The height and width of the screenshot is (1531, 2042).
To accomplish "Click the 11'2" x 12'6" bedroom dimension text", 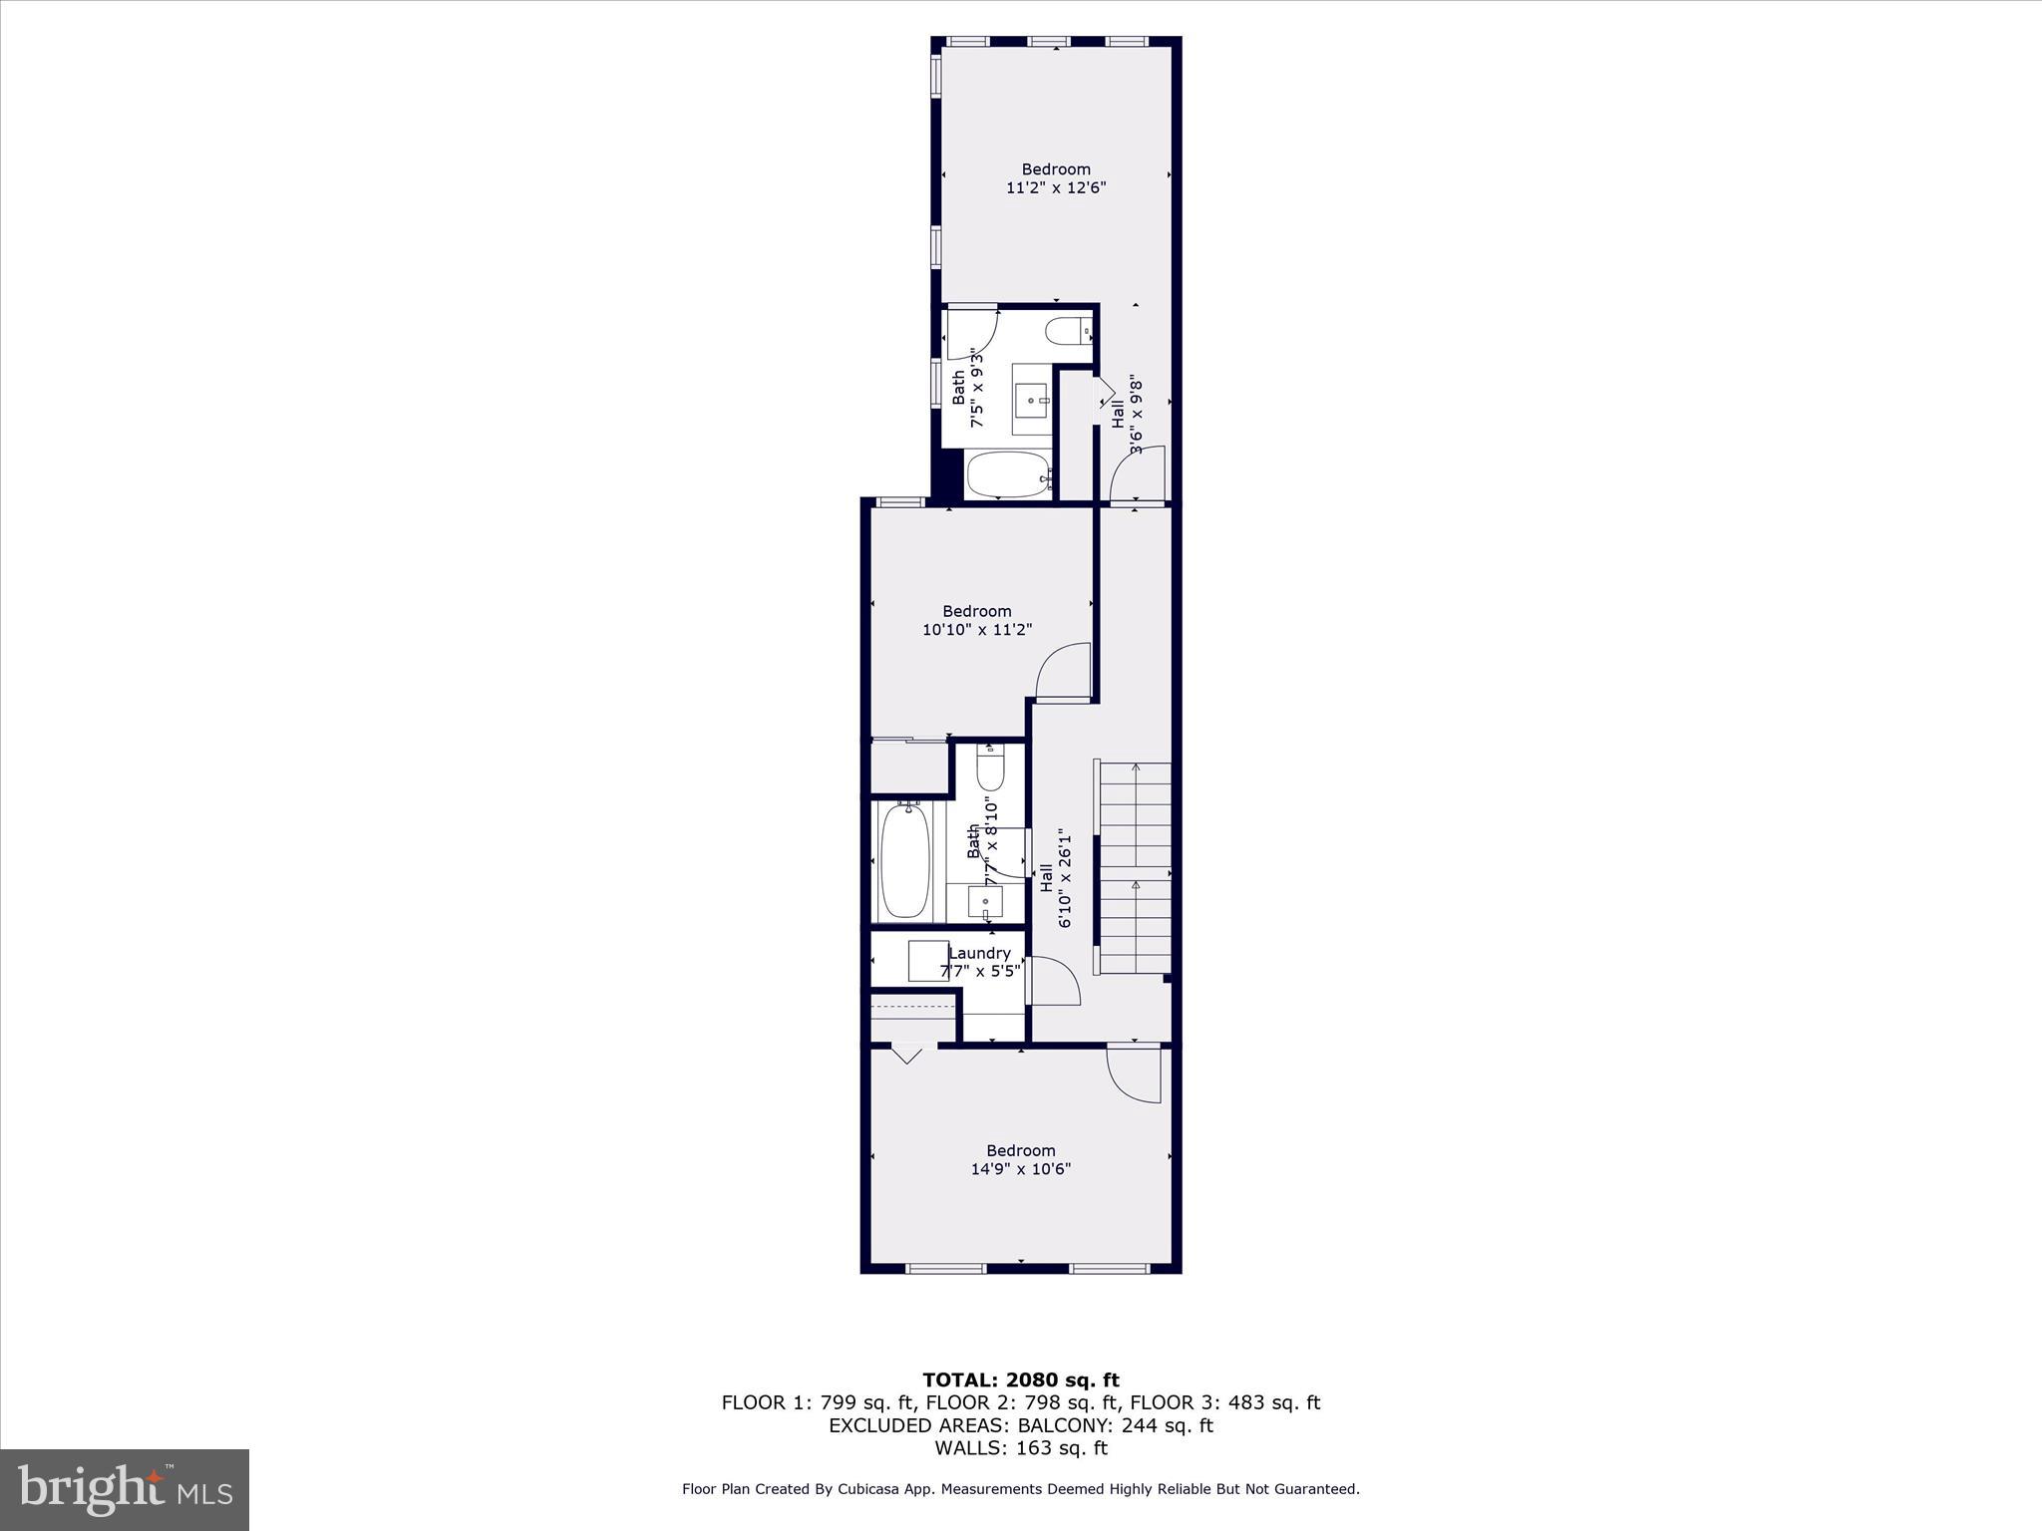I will [1056, 187].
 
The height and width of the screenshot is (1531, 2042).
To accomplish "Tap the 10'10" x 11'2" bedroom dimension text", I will [977, 630].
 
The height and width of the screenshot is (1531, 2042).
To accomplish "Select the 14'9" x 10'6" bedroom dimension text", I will [1021, 1169].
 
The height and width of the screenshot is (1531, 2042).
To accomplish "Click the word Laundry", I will [979, 953].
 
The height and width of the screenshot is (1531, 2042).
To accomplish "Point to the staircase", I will [1134, 867].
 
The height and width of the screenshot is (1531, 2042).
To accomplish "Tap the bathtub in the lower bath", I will [905, 861].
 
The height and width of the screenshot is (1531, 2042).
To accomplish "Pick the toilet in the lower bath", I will [990, 769].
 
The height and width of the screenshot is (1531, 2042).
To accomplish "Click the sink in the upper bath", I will [1031, 400].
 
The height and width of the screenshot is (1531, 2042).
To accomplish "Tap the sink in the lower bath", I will [986, 902].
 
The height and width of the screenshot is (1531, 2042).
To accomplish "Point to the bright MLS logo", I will [125, 1489].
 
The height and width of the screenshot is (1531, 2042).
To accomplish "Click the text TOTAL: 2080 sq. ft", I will [1021, 1380].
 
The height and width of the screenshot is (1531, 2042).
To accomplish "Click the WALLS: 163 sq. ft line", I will [1021, 1448].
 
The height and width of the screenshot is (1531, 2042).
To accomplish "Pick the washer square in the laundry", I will [928, 961].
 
